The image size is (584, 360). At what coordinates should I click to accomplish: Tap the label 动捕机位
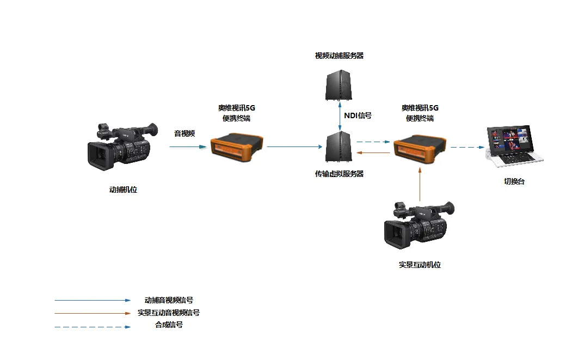123,190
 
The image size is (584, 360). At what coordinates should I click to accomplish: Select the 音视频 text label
185,133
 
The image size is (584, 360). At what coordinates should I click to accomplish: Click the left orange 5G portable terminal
236,147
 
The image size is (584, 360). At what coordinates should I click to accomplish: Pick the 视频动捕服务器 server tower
339,84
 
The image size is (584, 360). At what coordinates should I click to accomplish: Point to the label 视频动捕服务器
339,56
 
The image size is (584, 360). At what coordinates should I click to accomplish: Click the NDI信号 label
358,115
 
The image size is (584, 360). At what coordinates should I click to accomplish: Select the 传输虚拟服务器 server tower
339,147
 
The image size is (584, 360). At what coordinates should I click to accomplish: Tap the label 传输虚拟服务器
339,174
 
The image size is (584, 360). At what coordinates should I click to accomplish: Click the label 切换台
514,182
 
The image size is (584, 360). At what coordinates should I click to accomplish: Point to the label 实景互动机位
419,265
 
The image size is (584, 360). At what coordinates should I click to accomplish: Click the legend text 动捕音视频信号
169,300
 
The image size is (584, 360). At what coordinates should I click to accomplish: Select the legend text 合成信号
169,325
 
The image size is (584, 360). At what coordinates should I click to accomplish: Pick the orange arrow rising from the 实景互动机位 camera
420,184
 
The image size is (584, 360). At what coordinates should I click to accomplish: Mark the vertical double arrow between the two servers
340,115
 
